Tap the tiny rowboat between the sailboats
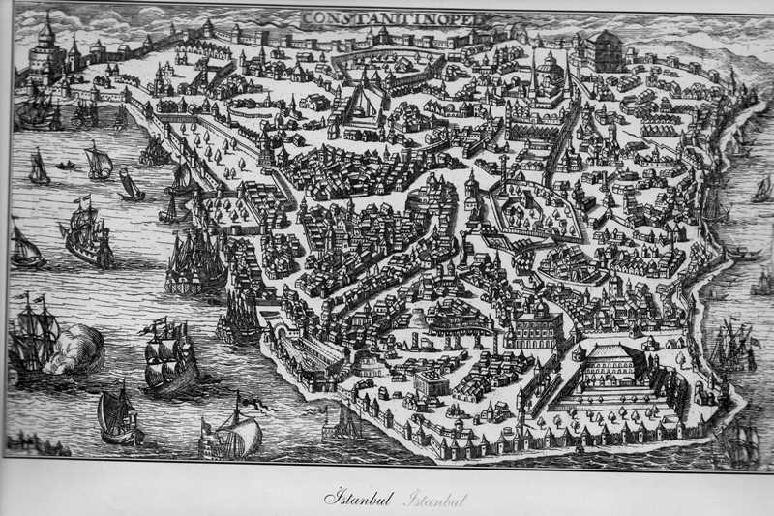coord(66,166)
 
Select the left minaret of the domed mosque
coord(533,70)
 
